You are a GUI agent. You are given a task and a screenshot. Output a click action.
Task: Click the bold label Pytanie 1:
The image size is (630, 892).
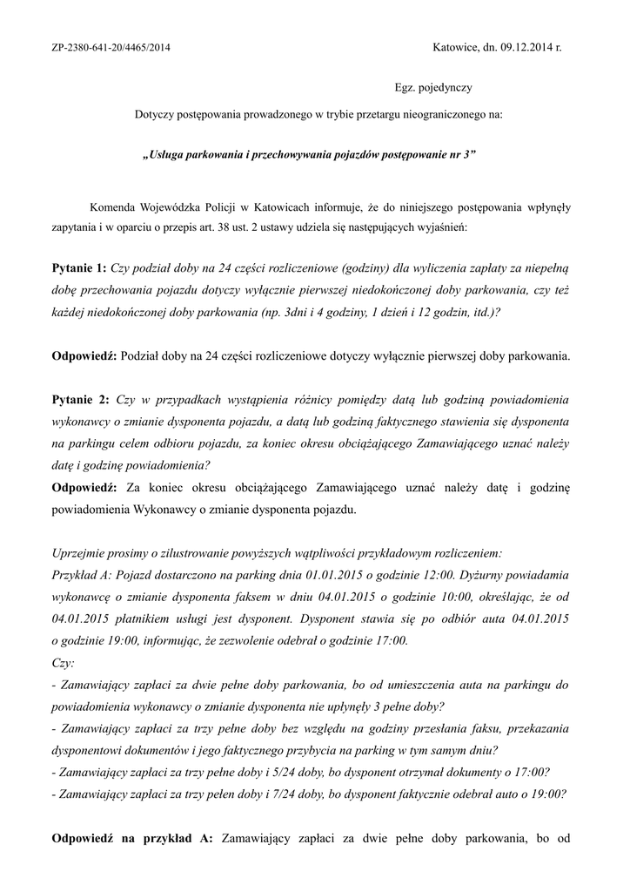pos(79,267)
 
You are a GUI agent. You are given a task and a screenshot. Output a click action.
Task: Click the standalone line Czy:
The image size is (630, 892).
pos(64,662)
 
